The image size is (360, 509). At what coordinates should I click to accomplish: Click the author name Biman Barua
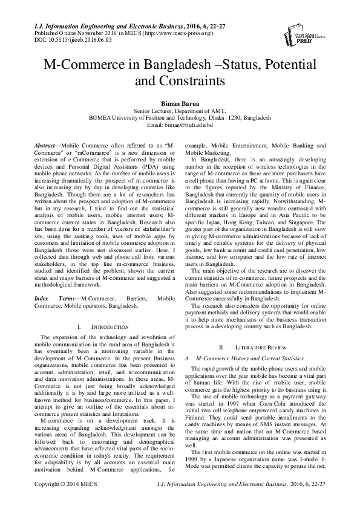click(x=180, y=103)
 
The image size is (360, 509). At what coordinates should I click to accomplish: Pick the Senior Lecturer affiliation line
click(x=180, y=111)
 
